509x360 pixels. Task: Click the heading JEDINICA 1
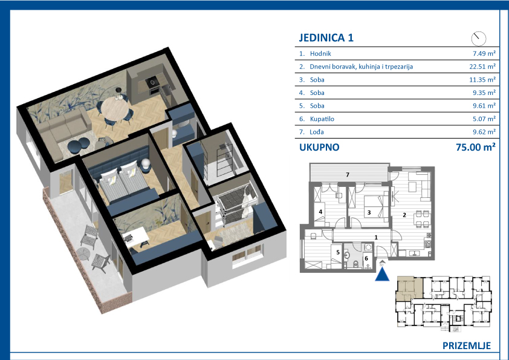coord(326,38)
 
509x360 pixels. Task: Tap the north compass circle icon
coord(479,39)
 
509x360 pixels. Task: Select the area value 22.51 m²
coord(482,67)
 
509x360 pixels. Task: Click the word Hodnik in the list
coord(320,54)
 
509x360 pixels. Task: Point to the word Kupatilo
coord(322,119)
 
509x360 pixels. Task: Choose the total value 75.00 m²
coord(476,147)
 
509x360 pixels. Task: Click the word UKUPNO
coord(319,147)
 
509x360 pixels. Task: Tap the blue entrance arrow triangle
coord(382,275)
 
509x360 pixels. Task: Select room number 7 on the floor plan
coord(348,175)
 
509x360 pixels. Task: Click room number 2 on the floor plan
coord(404,215)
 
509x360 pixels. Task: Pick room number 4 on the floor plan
coord(320,212)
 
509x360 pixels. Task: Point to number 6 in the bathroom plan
coord(366,258)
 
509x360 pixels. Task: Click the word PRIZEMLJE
coord(467,345)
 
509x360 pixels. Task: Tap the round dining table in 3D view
coord(115,108)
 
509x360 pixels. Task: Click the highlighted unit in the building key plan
coord(409,288)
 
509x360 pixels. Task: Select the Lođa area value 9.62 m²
coord(484,132)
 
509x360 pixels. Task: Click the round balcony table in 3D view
coord(83,254)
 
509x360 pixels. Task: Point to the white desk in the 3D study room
coord(135,237)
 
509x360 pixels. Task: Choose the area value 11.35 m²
coord(482,80)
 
